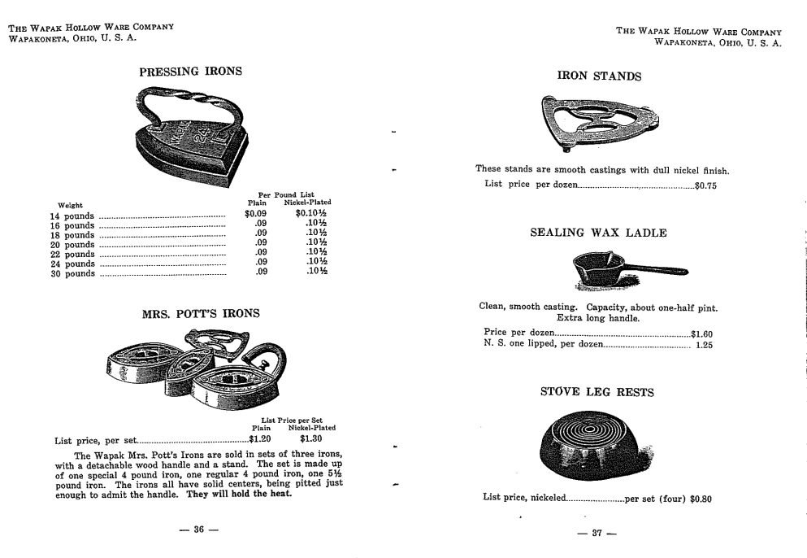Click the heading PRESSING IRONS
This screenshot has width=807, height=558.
(x=190, y=72)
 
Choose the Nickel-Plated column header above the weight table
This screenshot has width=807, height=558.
(x=307, y=203)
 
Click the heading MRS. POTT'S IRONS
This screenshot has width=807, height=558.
(x=201, y=314)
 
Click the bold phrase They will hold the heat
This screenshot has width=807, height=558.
(x=239, y=494)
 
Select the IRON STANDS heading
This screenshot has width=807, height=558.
(x=599, y=76)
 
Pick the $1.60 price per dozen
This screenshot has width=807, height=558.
(x=701, y=333)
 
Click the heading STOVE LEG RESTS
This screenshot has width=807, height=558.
(x=597, y=392)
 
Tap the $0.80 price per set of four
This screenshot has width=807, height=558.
(x=701, y=499)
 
